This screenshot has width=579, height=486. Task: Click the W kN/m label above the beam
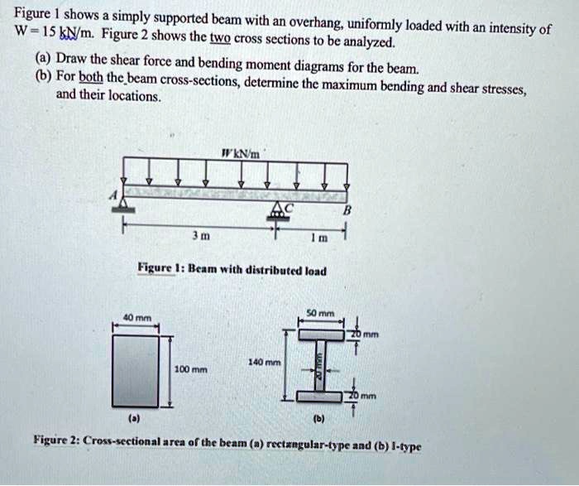[242, 153]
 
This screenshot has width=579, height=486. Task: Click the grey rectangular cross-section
[138, 369]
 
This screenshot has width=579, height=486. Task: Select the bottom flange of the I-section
[318, 395]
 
